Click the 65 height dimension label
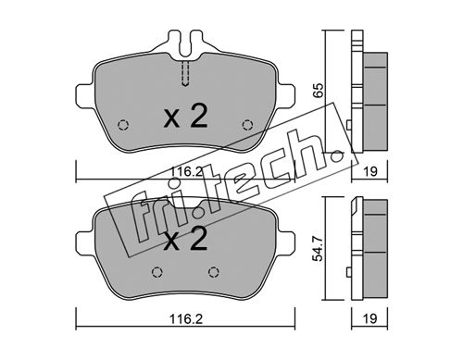(319, 90)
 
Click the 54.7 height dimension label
(318, 248)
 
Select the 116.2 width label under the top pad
(185, 171)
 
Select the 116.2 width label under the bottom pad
(186, 319)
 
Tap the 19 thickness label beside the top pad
(369, 171)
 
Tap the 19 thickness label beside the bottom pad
(369, 318)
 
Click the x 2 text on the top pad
(185, 116)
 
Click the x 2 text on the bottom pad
(185, 239)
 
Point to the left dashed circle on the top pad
(123, 125)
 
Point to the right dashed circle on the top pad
(247, 125)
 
